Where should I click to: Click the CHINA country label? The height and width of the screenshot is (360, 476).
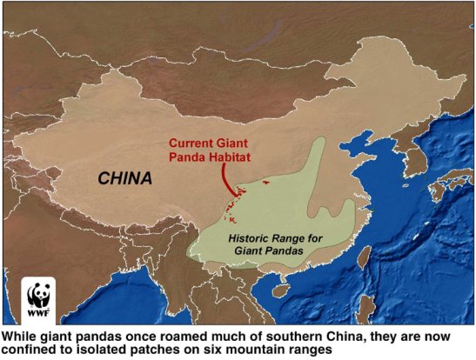coord(124,179)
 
